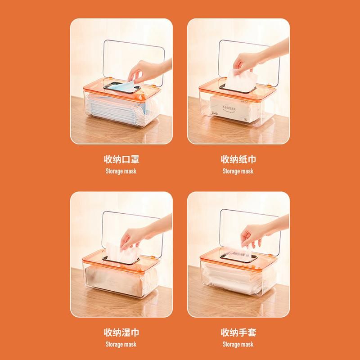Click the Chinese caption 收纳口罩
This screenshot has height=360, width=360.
click(121, 159)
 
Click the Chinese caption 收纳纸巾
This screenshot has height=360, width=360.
click(238, 159)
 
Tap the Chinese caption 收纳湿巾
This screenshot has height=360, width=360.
click(121, 332)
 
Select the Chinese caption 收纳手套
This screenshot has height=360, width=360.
click(238, 332)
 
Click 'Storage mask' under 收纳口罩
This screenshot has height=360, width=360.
click(121, 171)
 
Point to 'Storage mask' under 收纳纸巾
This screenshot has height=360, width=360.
click(238, 171)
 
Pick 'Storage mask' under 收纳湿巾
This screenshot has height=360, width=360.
click(121, 344)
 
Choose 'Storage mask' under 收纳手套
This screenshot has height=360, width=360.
click(238, 344)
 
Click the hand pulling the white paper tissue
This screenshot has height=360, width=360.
click(257, 58)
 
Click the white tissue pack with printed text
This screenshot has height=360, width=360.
click(234, 108)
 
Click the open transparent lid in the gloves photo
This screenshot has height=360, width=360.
click(250, 232)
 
